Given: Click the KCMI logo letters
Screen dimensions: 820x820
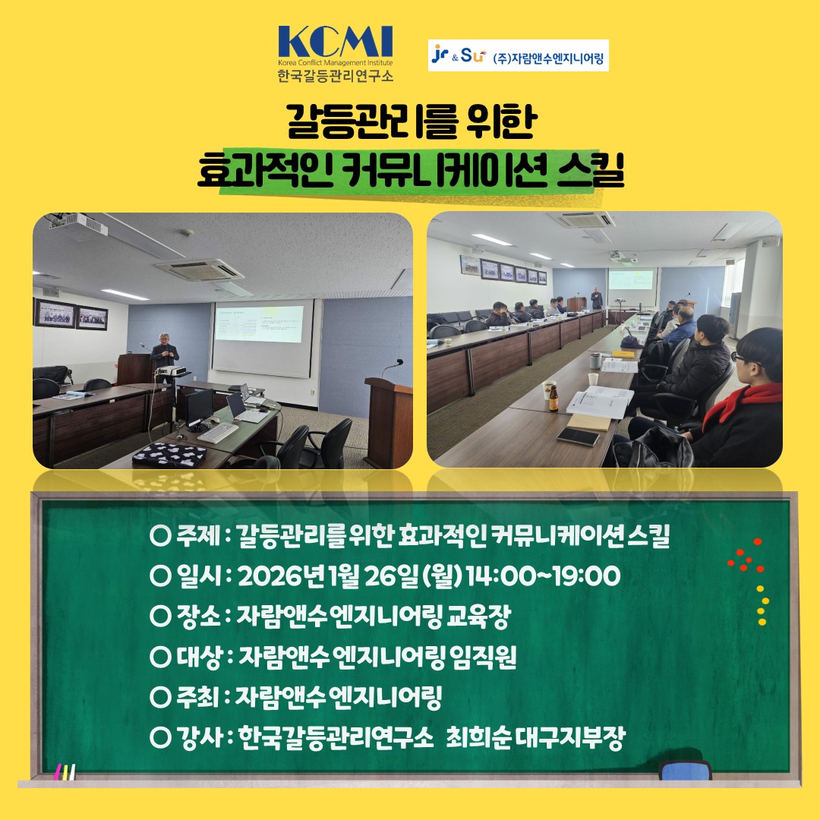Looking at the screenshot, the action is click(336, 42).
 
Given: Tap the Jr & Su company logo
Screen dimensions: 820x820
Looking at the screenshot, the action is click(459, 55).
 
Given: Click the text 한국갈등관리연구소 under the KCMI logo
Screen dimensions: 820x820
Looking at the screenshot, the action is click(336, 75).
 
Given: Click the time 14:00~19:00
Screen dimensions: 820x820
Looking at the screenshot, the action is click(543, 576).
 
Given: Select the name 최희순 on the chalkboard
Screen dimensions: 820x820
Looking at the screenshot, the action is click(478, 737).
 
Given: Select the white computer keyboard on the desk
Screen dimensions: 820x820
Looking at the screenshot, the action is click(218, 432).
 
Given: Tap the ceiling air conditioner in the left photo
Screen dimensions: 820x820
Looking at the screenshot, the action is click(199, 270).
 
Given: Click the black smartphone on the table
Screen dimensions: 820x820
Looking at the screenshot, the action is click(579, 436).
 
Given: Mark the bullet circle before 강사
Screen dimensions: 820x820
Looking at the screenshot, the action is click(160, 737).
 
